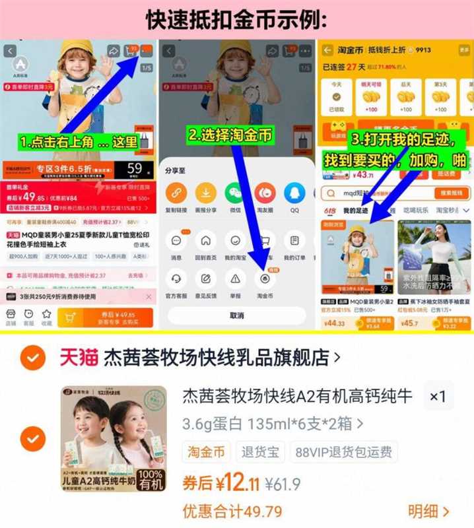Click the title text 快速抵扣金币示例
point(236,20)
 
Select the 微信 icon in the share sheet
point(234,193)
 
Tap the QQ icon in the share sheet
point(294,193)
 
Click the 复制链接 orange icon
point(176,193)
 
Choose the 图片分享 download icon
point(205,193)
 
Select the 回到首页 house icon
point(205,241)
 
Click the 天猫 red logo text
point(79,357)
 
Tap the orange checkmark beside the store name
point(32,357)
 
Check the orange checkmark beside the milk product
point(32,438)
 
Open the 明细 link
point(428,511)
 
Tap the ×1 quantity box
point(438,397)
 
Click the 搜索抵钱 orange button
point(452,193)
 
